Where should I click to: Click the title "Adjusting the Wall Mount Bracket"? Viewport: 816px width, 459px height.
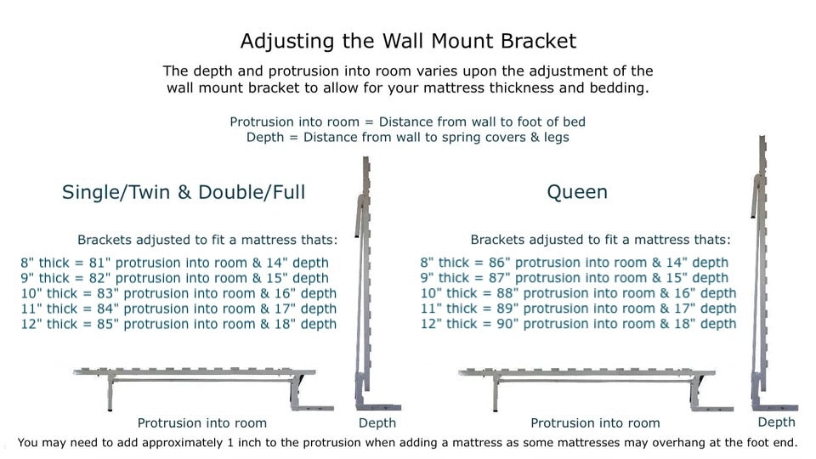[x=408, y=41]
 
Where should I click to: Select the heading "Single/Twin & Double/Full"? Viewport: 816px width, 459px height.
[x=184, y=193]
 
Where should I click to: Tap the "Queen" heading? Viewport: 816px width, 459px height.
[x=576, y=193]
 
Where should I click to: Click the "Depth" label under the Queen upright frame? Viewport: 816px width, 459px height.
[x=776, y=422]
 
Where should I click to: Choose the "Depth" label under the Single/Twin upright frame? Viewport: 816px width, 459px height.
[x=377, y=423]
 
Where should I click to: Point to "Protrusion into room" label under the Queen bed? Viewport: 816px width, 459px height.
[x=595, y=423]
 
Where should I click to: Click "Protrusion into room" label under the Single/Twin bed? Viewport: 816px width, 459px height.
[x=202, y=423]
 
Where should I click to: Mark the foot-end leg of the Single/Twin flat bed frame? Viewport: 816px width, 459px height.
[x=110, y=392]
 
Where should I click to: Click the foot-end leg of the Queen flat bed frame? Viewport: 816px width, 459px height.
[x=495, y=392]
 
